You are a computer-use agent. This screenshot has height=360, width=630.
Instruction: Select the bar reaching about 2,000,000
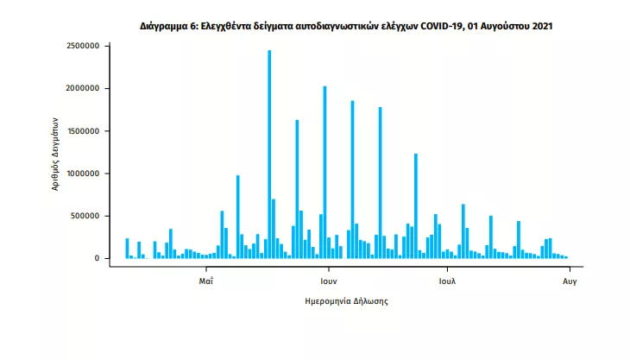coord(324,173)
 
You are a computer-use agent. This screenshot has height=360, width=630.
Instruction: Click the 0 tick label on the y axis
coord(98,258)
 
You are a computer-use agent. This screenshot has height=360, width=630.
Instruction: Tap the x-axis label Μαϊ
coord(205,281)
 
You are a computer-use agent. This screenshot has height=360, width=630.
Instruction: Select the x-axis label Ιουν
coord(327,281)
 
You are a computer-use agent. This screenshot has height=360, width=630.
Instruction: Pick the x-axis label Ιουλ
coord(446,281)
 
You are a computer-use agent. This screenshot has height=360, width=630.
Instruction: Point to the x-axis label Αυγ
coord(570,281)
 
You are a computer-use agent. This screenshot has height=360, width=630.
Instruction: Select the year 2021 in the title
coord(539,27)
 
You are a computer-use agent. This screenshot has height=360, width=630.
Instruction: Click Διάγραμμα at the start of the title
coord(166,27)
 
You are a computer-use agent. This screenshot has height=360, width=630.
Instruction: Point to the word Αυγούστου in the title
coord(503,27)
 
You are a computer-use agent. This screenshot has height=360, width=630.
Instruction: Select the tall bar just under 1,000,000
coord(237,217)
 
